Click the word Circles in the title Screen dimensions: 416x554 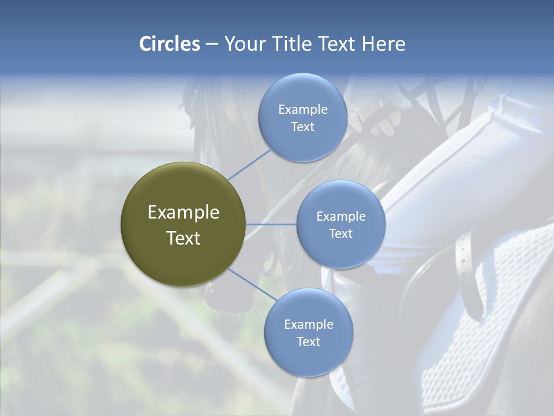169,44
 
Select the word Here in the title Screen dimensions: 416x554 383,44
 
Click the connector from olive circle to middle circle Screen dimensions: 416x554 271,224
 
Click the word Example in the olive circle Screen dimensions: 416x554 183,213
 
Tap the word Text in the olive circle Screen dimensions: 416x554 183,238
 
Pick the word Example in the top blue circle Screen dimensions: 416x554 302,109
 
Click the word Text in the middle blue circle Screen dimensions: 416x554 340,233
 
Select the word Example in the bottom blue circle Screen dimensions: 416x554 308,324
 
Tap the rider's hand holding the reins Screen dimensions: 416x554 384,118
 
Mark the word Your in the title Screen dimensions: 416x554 242,44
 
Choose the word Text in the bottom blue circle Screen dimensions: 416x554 308,341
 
